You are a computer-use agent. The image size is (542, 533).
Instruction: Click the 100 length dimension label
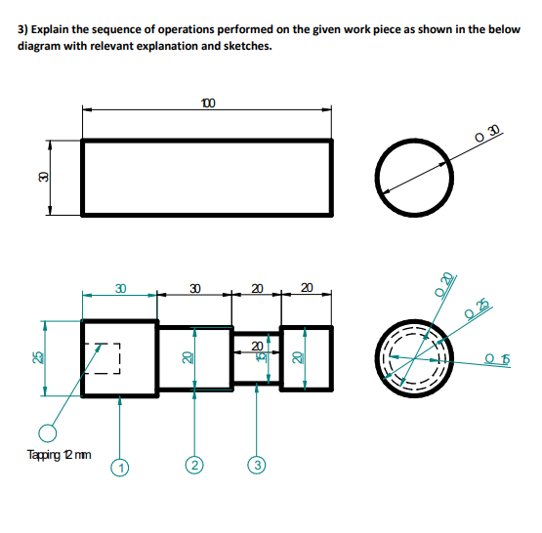[x=207, y=102]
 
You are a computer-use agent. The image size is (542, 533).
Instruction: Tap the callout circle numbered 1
[x=120, y=467]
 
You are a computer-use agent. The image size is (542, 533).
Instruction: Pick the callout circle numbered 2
[x=194, y=467]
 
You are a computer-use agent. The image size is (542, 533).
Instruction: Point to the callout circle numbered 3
[x=256, y=467]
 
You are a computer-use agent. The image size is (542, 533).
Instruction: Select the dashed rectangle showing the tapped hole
[x=102, y=358]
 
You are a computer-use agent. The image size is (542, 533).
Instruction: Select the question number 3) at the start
[x=24, y=30]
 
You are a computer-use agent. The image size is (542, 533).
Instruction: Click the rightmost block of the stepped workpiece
[x=307, y=358]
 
